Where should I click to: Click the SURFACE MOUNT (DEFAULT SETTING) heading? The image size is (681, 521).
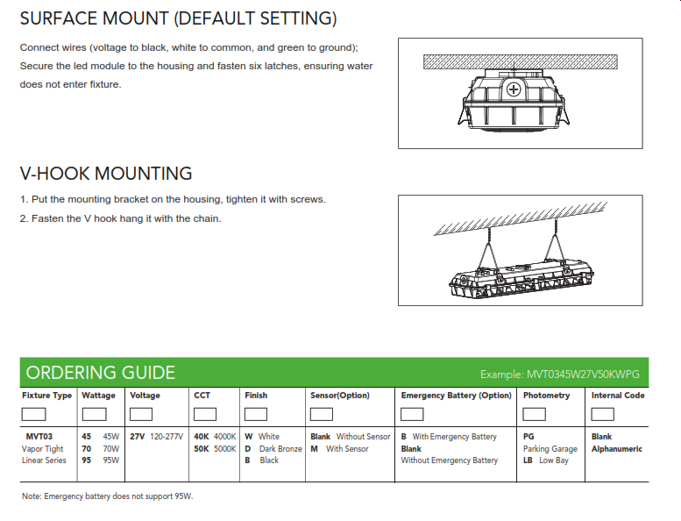(x=178, y=18)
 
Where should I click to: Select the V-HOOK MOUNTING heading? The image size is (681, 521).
(x=106, y=174)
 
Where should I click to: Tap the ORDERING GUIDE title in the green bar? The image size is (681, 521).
(x=100, y=373)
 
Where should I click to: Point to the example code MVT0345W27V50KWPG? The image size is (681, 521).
(x=559, y=375)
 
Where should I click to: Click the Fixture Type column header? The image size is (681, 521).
(x=47, y=396)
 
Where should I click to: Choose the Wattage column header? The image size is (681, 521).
(x=98, y=396)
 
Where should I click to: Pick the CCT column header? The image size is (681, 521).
(x=202, y=396)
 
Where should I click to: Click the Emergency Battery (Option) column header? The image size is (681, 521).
(x=456, y=396)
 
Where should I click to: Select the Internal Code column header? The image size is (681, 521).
(x=618, y=396)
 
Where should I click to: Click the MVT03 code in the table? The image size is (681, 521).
(x=39, y=437)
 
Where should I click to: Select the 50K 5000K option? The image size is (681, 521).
(x=215, y=449)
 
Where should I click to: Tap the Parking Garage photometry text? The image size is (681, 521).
(x=550, y=449)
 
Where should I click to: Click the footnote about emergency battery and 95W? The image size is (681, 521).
(x=107, y=497)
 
